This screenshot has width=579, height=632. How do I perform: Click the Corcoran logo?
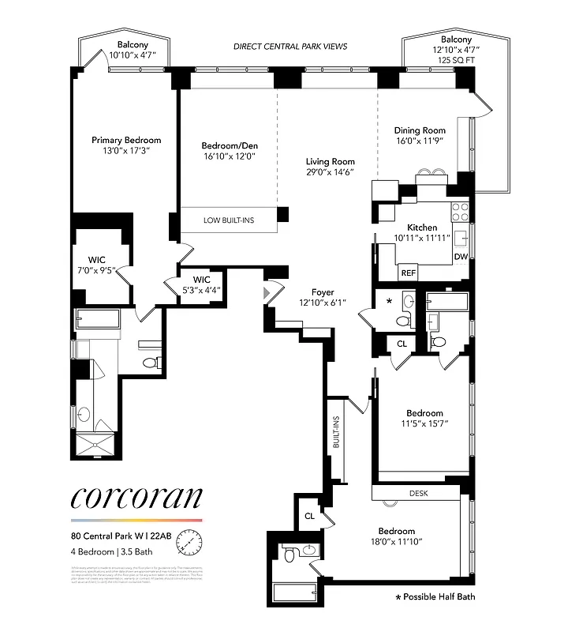pyautogui.click(x=136, y=498)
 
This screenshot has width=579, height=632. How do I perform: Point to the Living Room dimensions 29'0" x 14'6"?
pyautogui.click(x=331, y=172)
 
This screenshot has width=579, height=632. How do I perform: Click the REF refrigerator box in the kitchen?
pyautogui.click(x=409, y=273)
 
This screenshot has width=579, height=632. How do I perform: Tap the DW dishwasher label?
pyautogui.click(x=461, y=257)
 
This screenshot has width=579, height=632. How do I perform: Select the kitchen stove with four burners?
pyautogui.click(x=460, y=211)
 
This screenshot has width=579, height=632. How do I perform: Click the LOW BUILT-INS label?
pyautogui.click(x=228, y=220)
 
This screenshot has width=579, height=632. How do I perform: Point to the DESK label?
pyautogui.click(x=418, y=492)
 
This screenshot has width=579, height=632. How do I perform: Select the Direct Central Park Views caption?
pyautogui.click(x=290, y=47)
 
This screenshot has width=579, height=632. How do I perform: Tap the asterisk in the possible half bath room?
pyautogui.click(x=388, y=302)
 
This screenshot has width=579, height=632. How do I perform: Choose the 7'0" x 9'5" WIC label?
pyautogui.click(x=96, y=264)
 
